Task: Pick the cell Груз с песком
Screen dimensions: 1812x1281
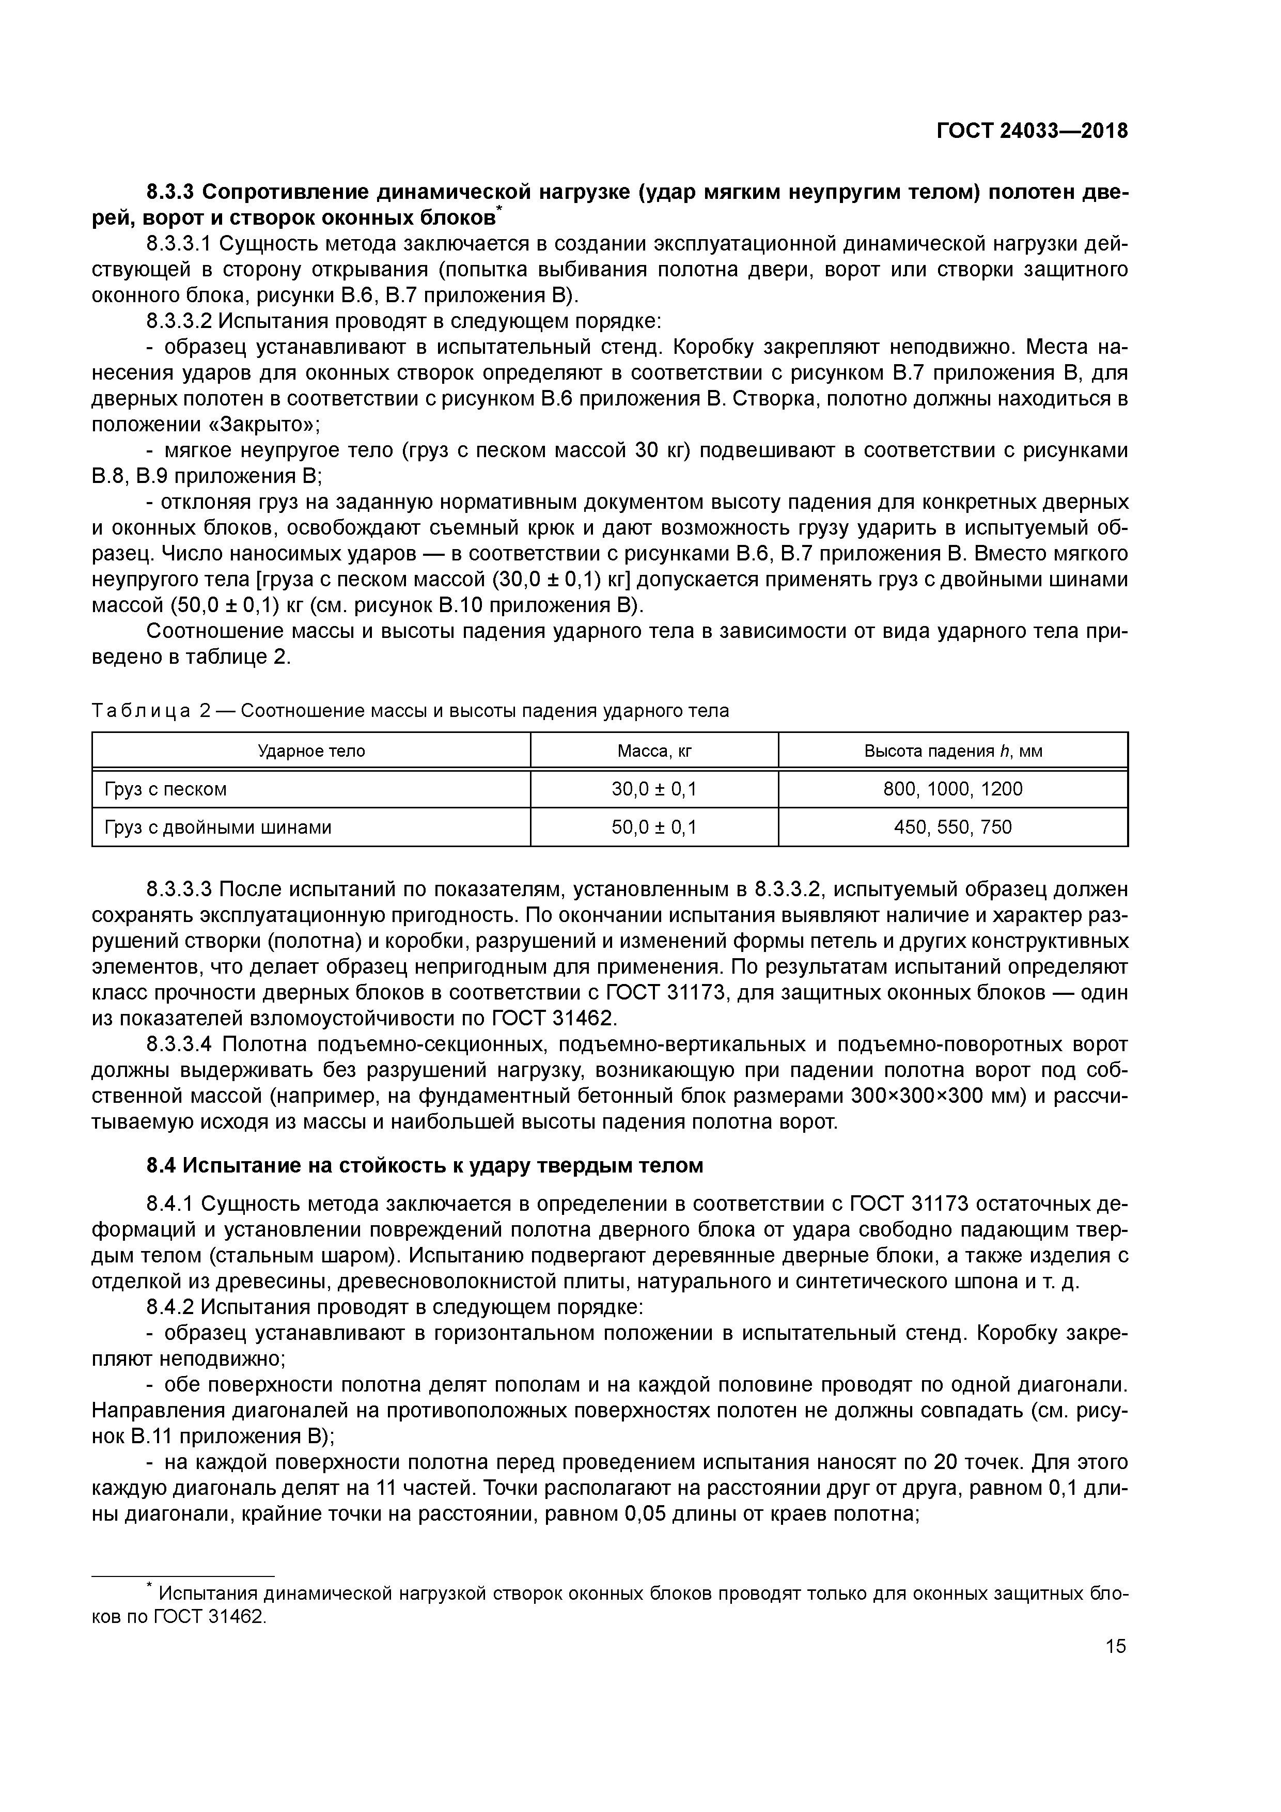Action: tap(166, 788)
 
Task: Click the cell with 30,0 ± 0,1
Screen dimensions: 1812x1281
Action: tap(654, 788)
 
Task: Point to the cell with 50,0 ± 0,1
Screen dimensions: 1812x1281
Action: tap(654, 827)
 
